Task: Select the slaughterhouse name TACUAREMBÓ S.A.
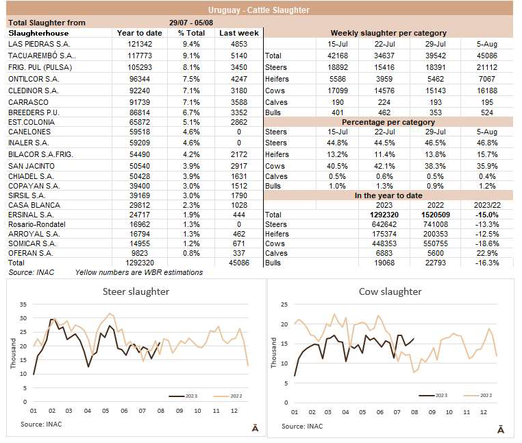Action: [42, 56]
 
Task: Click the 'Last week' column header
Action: [239, 33]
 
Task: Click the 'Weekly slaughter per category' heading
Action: [388, 33]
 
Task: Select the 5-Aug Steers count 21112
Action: [492, 67]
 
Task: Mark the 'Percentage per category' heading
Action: [388, 122]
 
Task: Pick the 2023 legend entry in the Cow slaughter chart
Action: [434, 395]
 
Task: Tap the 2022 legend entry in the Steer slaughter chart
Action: [227, 396]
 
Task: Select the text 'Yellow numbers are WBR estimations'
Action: [139, 272]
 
